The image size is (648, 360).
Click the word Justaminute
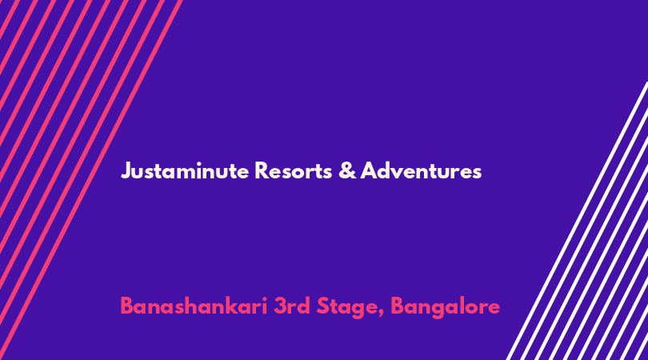pos(185,170)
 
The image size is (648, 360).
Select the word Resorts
pos(293,170)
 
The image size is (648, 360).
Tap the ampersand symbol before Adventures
pos(347,170)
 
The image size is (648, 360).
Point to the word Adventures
pos(421,170)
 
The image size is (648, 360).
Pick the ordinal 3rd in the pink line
pos(292,306)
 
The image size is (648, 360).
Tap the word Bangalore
pos(445,307)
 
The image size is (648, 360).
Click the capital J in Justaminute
pos(126,171)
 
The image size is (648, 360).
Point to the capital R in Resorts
pos(261,170)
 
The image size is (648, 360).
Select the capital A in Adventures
pos(368,170)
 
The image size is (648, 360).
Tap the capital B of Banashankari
pos(126,306)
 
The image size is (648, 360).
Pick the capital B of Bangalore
pos(397,306)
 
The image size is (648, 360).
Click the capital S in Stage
pos(322,306)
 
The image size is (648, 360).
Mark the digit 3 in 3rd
pos(279,306)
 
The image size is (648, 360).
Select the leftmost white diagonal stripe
pos(577,221)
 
